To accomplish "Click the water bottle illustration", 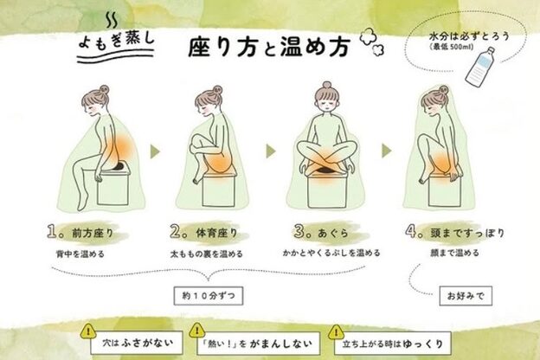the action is coord(480,67).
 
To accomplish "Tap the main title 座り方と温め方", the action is coord(269,47).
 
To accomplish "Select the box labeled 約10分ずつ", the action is coord(209,296).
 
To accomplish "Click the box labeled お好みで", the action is coord(466,296).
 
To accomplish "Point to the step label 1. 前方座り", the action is coord(80,232).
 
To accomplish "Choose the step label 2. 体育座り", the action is coord(204,232).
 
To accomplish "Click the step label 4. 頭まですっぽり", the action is coord(454,232).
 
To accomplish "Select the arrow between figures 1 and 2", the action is coord(155,151).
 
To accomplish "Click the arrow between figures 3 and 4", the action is coord(387,151).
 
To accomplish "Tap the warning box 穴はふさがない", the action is coord(137,343).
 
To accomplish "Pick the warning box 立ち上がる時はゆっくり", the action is coord(392,344).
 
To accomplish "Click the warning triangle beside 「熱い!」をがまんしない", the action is coord(197,331).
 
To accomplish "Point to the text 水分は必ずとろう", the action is coord(469,36).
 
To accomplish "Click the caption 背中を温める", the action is coord(80,254).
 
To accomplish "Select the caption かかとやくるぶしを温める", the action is coord(331,253).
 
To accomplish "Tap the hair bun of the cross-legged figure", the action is coord(327,85).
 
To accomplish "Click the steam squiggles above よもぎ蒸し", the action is coord(112,21).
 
